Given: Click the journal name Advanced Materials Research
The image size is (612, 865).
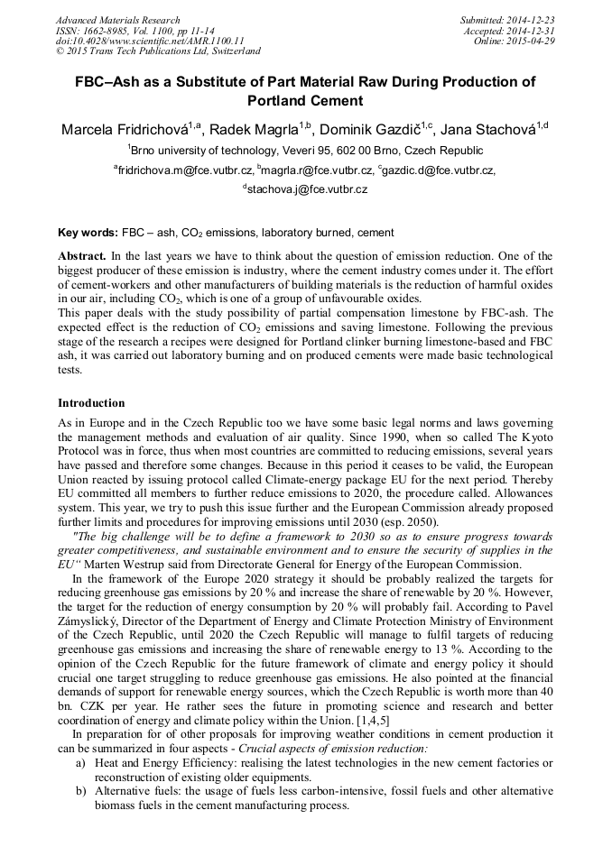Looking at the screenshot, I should [117, 20].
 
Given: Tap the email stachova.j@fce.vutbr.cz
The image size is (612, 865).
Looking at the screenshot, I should [308, 189].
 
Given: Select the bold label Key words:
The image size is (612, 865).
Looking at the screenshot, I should [88, 232].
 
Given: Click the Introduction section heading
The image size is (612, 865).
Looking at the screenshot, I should [91, 402].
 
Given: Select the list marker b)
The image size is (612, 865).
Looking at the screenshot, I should [80, 791].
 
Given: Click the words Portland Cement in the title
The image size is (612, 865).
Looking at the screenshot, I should [305, 101].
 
